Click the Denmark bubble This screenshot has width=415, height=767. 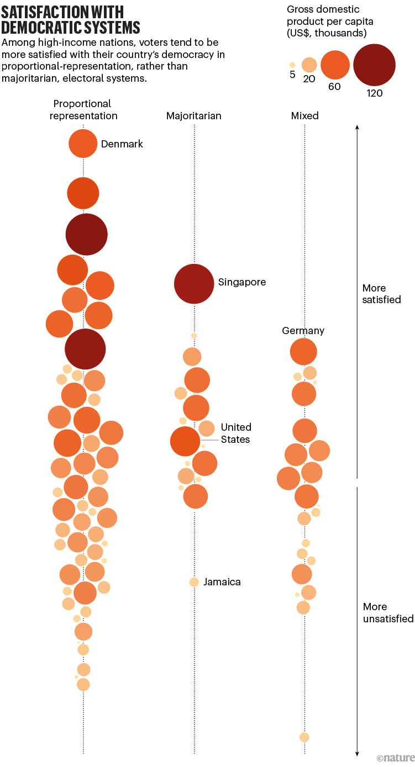[x=83, y=143]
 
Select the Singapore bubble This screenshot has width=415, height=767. [x=194, y=284]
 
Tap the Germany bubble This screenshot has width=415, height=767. [x=303, y=351]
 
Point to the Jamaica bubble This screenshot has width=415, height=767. [x=194, y=582]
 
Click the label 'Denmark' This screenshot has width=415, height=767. [x=122, y=144]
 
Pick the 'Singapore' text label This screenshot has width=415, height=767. [x=241, y=282]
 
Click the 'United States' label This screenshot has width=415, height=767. [x=236, y=433]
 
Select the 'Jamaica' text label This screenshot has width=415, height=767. [x=222, y=582]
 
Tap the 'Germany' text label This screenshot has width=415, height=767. [x=303, y=331]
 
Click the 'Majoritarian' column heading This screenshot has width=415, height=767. [x=194, y=116]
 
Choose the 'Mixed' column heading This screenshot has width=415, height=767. [x=305, y=116]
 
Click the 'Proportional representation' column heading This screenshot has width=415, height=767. [x=83, y=110]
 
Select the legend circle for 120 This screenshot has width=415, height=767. [x=374, y=65]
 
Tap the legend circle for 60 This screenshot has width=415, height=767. [x=335, y=65]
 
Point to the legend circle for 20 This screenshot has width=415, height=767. [x=309, y=65]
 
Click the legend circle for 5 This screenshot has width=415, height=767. [x=292, y=65]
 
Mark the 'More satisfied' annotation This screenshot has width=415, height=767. [x=381, y=294]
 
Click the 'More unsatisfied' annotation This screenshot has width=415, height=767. [x=388, y=612]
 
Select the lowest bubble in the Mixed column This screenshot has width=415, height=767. [x=304, y=737]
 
